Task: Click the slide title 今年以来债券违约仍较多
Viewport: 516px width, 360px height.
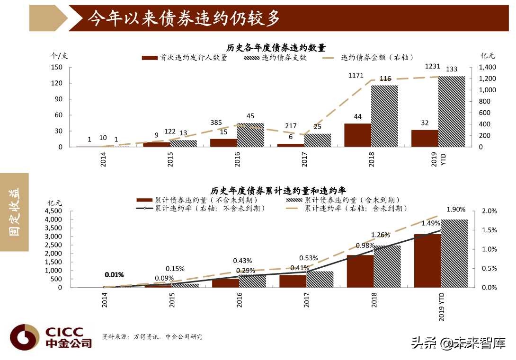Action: click(x=184, y=18)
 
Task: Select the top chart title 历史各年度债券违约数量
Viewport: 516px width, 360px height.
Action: click(x=276, y=47)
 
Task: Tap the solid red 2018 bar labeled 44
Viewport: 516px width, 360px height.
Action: click(x=357, y=135)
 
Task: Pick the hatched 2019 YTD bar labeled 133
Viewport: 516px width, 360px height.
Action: click(x=451, y=111)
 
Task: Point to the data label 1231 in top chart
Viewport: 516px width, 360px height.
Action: click(x=433, y=67)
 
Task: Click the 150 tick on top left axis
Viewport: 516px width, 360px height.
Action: click(x=57, y=67)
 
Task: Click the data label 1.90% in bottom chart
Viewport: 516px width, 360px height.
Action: click(x=456, y=210)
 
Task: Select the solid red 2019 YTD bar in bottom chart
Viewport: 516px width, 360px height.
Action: click(x=427, y=261)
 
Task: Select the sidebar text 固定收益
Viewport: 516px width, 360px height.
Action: click(x=15, y=212)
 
